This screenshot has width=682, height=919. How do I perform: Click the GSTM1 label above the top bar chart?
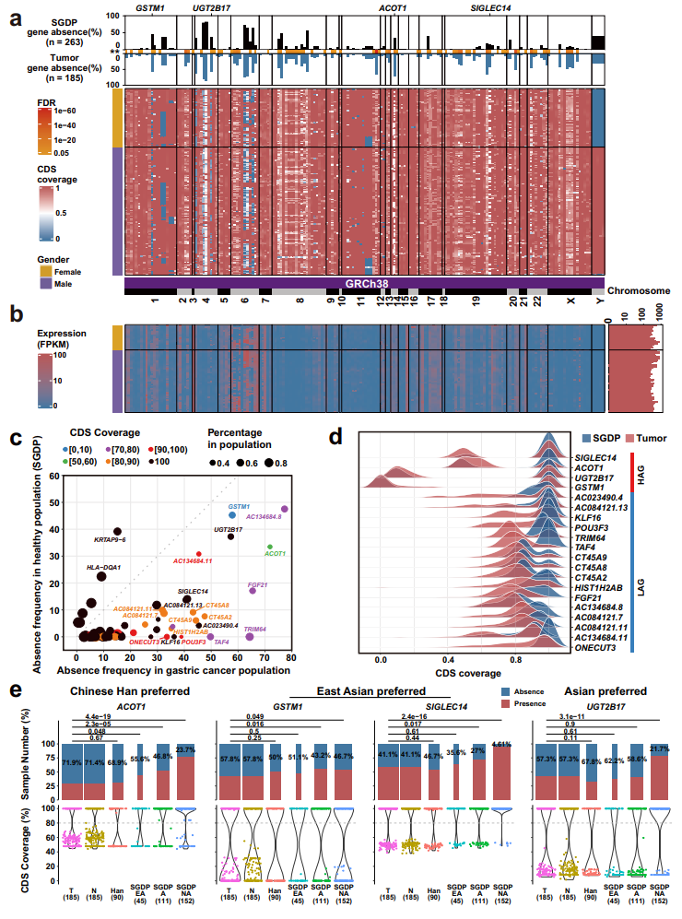click(150, 7)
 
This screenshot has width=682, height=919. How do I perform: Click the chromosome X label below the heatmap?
click(570, 300)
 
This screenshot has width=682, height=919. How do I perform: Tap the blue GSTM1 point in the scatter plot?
click(232, 515)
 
